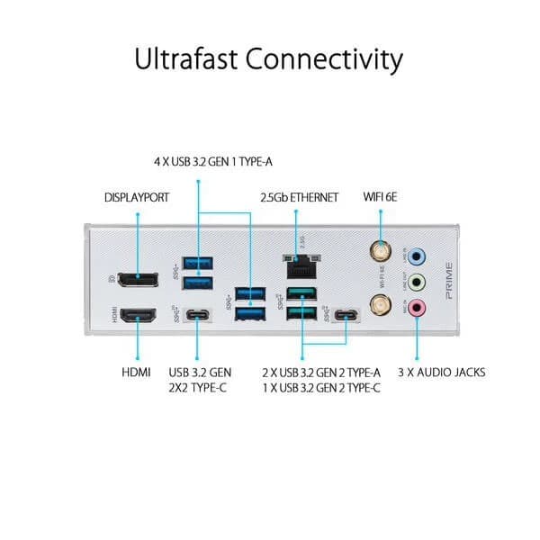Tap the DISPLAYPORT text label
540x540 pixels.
pyautogui.click(x=137, y=196)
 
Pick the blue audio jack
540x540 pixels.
pyautogui.click(x=416, y=256)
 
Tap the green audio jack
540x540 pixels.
pyautogui.click(x=416, y=282)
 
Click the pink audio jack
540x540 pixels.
pyautogui.click(x=416, y=308)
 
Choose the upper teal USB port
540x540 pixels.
pyautogui.click(x=302, y=293)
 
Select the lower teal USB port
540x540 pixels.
pyautogui.click(x=302, y=314)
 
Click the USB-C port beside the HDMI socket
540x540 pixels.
pyautogui.click(x=197, y=316)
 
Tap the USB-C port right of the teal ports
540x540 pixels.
pyautogui.click(x=346, y=316)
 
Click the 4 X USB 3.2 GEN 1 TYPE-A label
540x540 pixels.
pyautogui.click(x=211, y=162)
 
